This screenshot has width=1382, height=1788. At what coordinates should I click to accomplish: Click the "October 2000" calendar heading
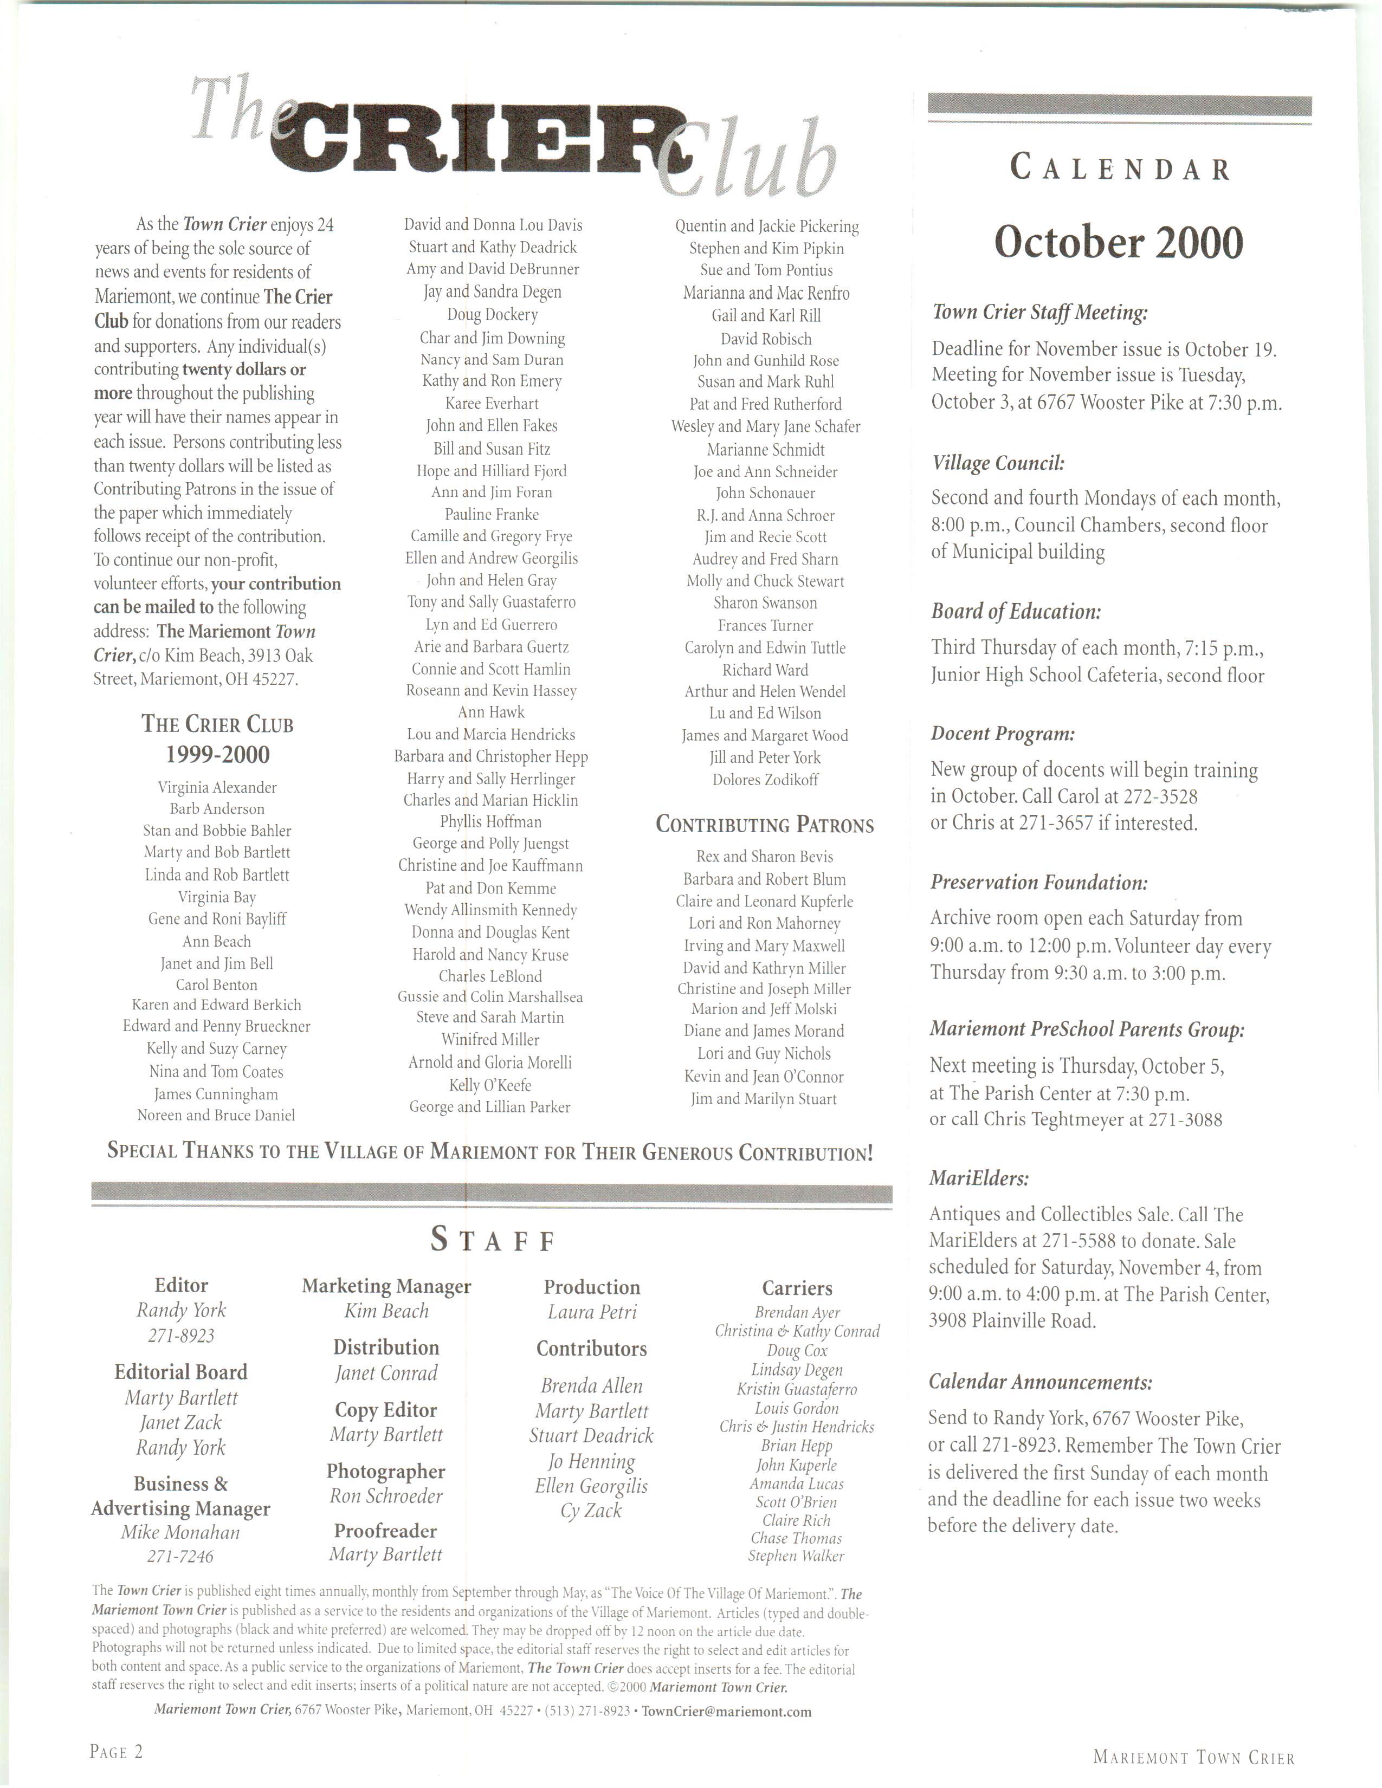pos(1119,243)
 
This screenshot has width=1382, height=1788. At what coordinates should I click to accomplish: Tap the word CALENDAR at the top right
pos(1120,169)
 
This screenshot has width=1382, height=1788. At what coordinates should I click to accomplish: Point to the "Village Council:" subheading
pos(998,463)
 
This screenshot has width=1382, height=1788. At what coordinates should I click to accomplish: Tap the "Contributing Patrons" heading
pos(765,825)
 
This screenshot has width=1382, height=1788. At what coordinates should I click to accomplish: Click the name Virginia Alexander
pos(217,788)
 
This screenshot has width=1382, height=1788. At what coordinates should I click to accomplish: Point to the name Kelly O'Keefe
pos(490,1086)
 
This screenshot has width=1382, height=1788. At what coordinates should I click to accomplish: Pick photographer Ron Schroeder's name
pos(386,1496)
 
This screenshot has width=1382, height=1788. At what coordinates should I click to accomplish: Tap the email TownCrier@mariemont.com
pos(726,1711)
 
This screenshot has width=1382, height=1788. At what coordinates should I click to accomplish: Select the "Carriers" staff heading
pos(797,1288)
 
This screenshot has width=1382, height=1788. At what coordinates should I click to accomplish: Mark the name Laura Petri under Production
pos(592,1312)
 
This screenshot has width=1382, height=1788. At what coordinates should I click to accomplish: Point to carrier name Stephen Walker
pos(796,1556)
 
